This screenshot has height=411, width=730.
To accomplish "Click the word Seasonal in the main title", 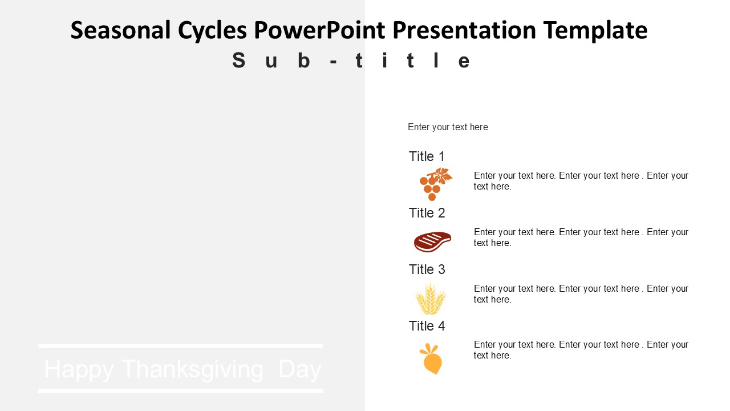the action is coord(120,30).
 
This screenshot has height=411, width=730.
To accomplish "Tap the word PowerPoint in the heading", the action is coord(319,30).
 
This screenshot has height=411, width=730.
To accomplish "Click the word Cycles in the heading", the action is coord(212,31).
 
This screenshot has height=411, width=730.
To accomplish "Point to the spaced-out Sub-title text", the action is coord(351,61).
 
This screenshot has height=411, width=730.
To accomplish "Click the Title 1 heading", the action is coord(427,156).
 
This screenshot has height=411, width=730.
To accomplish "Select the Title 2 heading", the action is coord(427,213).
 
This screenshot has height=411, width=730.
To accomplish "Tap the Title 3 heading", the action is coord(427,269).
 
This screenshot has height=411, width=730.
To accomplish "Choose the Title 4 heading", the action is coord(427,326).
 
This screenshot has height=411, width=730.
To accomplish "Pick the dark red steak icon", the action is coord(432,241).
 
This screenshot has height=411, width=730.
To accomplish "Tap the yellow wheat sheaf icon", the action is coord(431,299).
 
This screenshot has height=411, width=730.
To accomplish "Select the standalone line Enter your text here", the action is coord(448,127).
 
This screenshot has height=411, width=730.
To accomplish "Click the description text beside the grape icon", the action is coord(581,181).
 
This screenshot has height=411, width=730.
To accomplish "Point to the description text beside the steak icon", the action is coord(581,237).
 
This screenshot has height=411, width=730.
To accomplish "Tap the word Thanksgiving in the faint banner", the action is coord(192,369).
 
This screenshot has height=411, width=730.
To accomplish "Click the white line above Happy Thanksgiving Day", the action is coord(181,346).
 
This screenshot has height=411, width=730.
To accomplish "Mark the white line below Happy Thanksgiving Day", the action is coord(181,390).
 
